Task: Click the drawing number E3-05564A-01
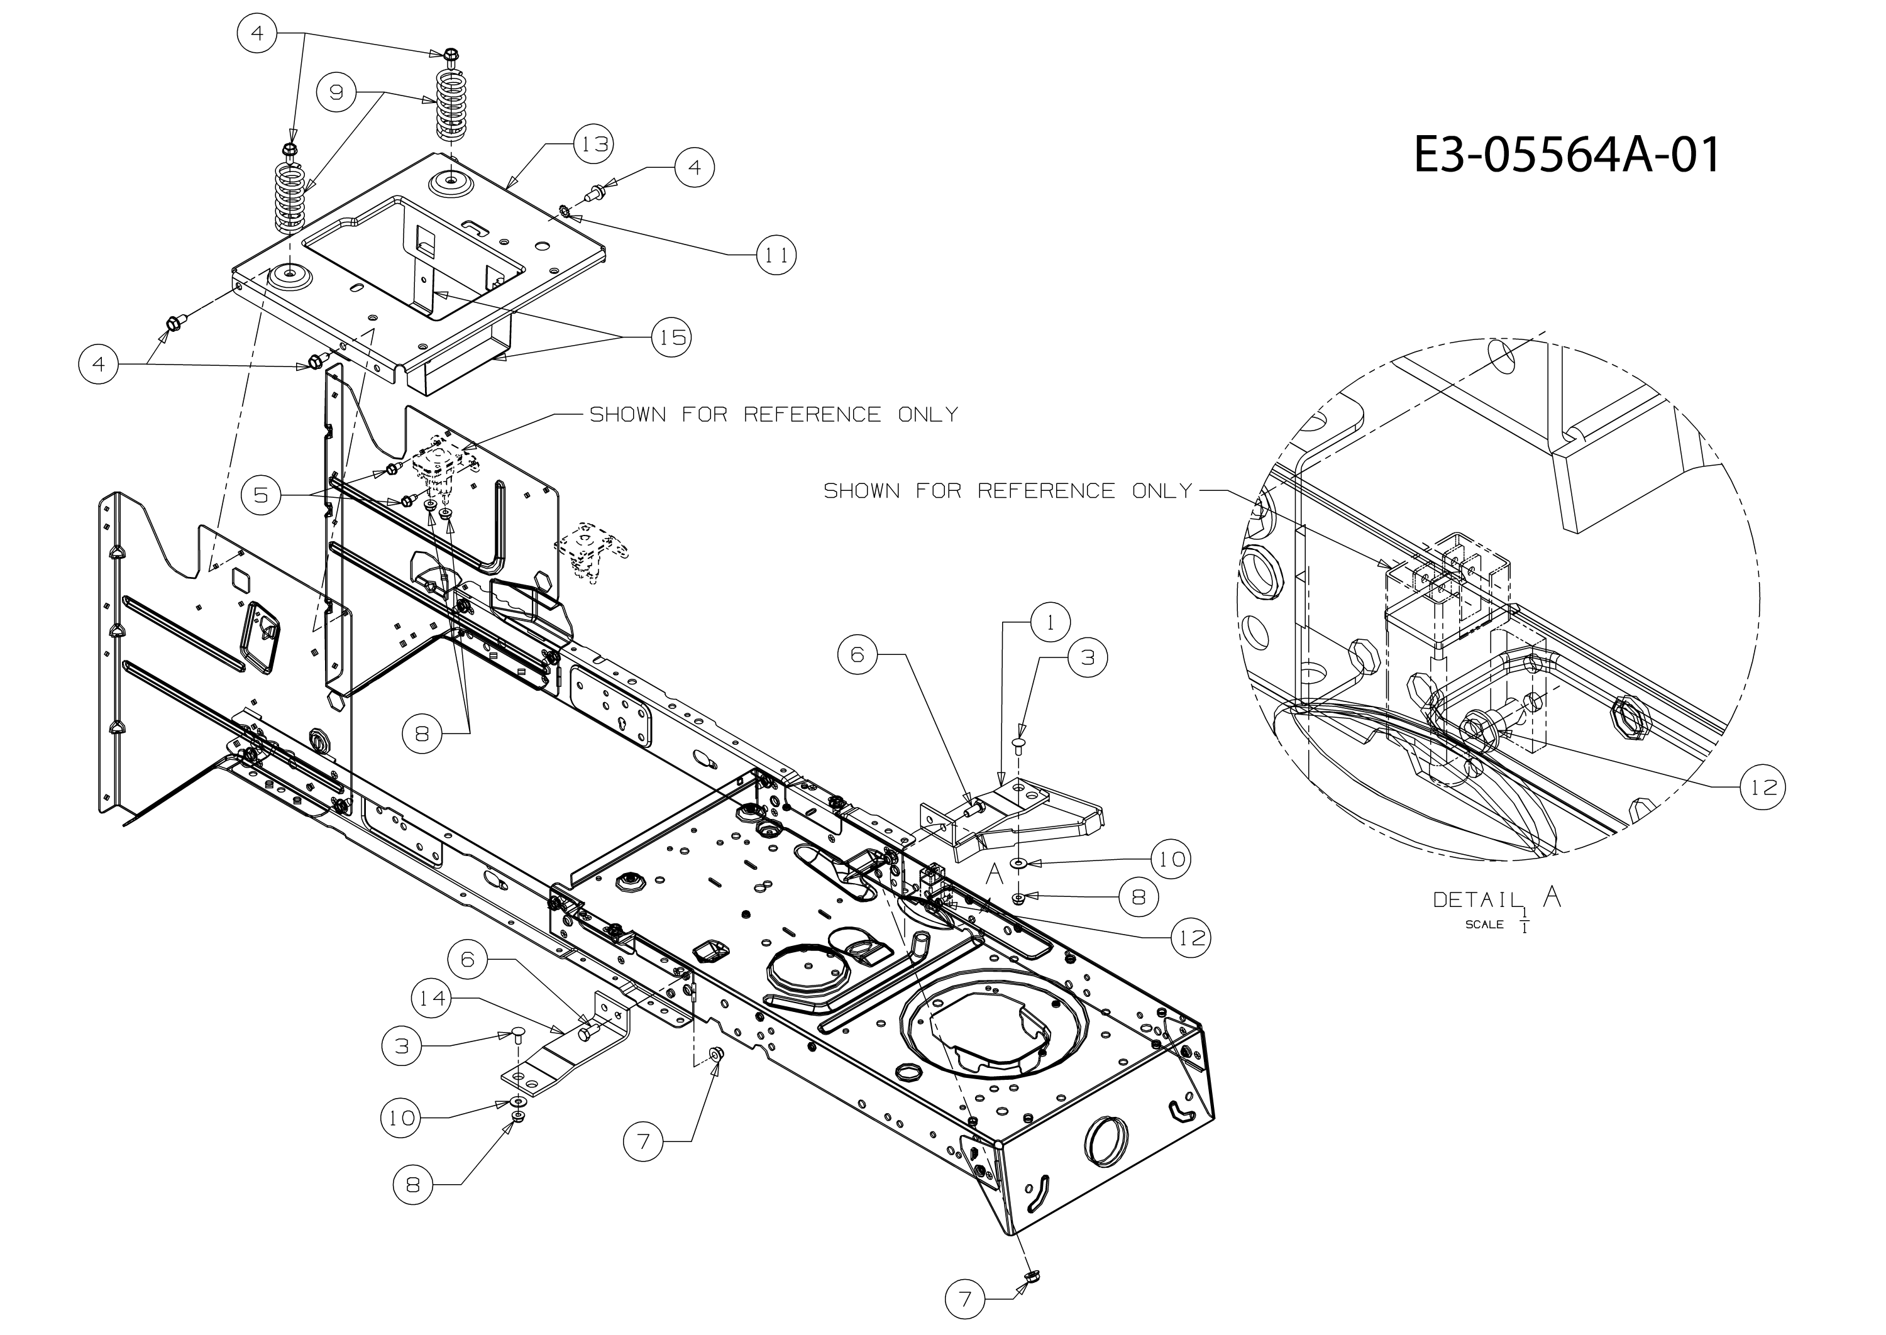click(x=1565, y=155)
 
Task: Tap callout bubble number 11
click(x=776, y=255)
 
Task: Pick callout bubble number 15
click(x=671, y=337)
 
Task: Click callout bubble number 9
click(x=337, y=92)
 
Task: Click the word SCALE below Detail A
click(x=1484, y=925)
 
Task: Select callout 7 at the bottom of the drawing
click(x=965, y=1299)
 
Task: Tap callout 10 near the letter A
click(x=1172, y=859)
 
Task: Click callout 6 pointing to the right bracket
click(x=858, y=655)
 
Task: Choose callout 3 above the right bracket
click(x=1088, y=657)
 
